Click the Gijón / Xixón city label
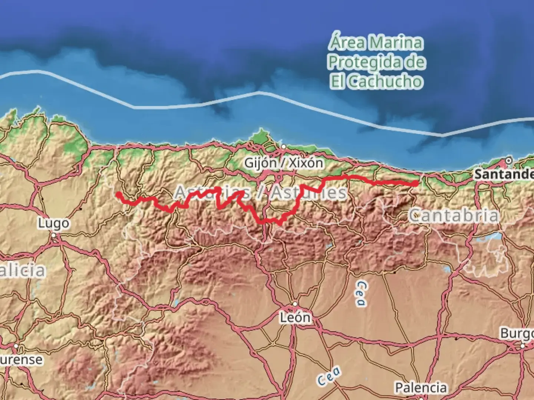tap(283, 163)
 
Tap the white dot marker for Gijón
tap(283, 147)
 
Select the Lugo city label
tap(53, 223)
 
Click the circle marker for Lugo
tap(54, 235)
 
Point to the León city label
tap(295, 317)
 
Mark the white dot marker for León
tap(295, 304)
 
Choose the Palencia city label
tap(421, 388)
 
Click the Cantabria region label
tap(454, 216)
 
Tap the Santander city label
tap(504, 174)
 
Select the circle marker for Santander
tap(508, 161)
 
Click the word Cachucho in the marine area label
tap(386, 81)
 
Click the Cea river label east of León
tap(361, 293)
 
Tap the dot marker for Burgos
tap(523, 346)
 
